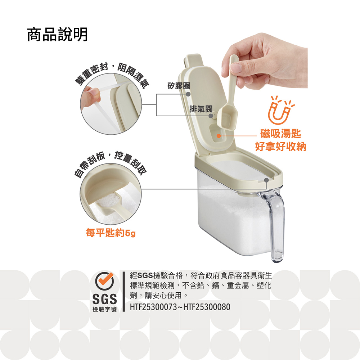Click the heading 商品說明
[x=57, y=35]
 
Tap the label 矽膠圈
[x=179, y=86]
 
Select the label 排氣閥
[x=201, y=109]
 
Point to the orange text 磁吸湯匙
[x=280, y=134]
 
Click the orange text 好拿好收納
[x=280, y=146]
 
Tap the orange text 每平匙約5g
[x=111, y=233]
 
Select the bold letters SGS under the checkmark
[x=104, y=299]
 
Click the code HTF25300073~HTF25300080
[x=180, y=307]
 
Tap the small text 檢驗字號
[x=104, y=309]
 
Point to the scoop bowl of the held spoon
[x=226, y=120]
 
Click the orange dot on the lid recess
[x=219, y=136]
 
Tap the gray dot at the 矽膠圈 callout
[x=188, y=94]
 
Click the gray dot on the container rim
[x=266, y=180]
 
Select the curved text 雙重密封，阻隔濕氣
[x=112, y=74]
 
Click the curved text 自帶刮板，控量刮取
[x=111, y=163]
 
